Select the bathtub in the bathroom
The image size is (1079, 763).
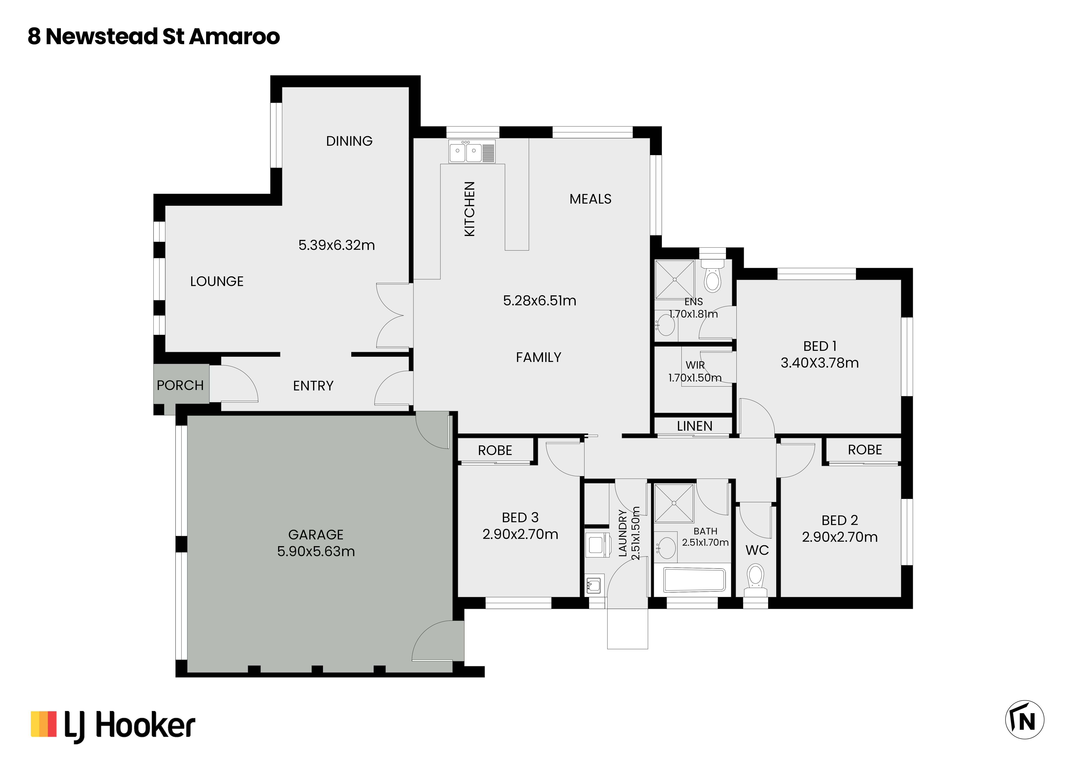click(695, 580)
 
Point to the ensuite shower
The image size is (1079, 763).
click(675, 279)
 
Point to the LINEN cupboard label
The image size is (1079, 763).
click(695, 426)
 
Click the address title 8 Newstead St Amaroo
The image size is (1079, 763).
click(154, 37)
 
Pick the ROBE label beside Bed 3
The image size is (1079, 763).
click(495, 451)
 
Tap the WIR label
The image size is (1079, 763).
click(695, 365)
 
